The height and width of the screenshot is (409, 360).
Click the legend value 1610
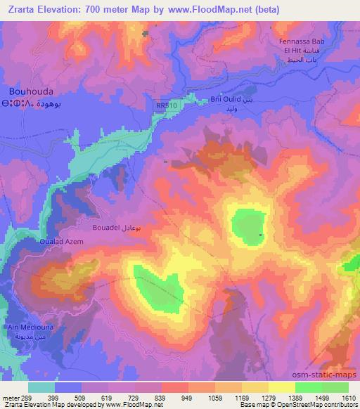point(348,397)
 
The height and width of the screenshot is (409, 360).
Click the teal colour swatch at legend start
point(41,387)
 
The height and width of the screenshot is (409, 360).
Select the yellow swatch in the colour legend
point(281,387)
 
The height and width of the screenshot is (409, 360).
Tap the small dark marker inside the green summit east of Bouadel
point(261,235)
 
